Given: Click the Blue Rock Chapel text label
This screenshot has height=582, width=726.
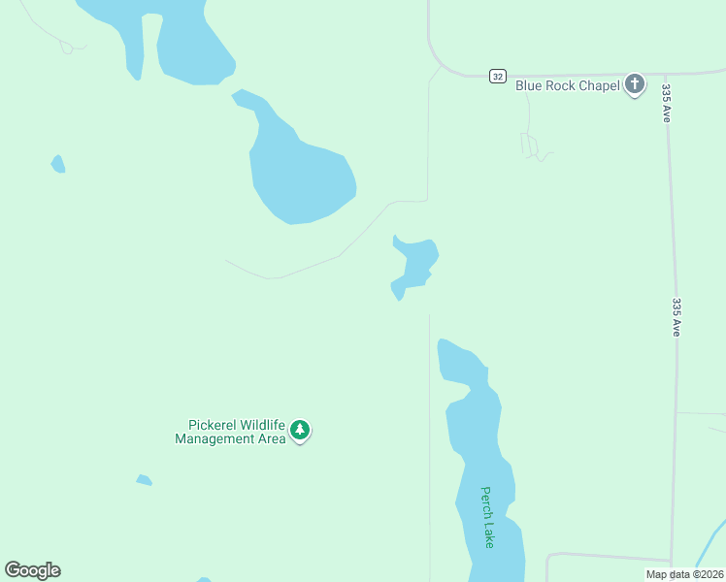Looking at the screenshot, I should pyautogui.click(x=567, y=85).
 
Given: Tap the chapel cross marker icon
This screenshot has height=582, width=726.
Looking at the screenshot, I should pyautogui.click(x=635, y=85).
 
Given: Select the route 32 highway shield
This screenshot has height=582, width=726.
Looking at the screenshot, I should pyautogui.click(x=497, y=76).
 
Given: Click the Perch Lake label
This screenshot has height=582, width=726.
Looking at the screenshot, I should pyautogui.click(x=487, y=517).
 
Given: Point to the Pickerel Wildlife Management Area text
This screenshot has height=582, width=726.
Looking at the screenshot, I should pyautogui.click(x=231, y=432).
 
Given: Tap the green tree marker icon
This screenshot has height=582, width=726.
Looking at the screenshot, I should pyautogui.click(x=300, y=430).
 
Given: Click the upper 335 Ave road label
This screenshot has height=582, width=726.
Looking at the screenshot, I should pyautogui.click(x=667, y=102).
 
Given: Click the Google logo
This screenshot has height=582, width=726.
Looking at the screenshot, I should pyautogui.click(x=32, y=570).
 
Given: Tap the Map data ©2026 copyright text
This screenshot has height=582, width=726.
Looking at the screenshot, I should pyautogui.click(x=684, y=574).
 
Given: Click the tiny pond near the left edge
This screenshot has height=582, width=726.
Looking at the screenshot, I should pyautogui.click(x=58, y=164).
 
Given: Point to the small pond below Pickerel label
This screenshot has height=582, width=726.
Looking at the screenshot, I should pyautogui.click(x=144, y=480).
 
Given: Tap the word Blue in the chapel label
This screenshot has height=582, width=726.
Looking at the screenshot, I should pyautogui.click(x=528, y=85).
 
